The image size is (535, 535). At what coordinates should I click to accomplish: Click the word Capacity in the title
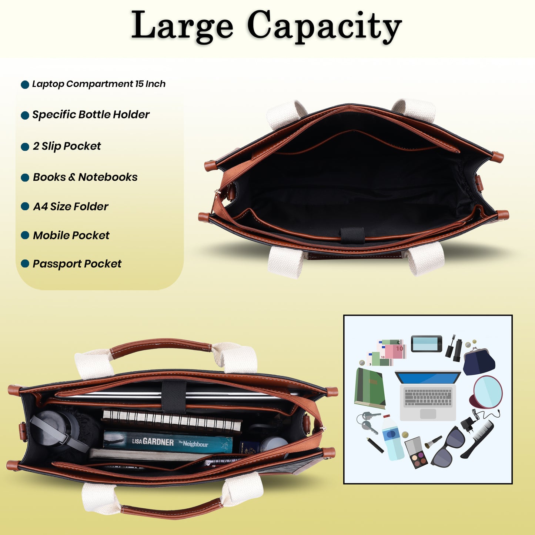click(x=324, y=27)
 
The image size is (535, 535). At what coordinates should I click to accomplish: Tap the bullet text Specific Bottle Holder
click(x=91, y=115)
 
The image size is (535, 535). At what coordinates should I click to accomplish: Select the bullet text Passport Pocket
click(x=77, y=264)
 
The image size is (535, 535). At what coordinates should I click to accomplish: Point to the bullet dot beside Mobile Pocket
click(x=25, y=235)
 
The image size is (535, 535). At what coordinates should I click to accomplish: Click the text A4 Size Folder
click(x=70, y=207)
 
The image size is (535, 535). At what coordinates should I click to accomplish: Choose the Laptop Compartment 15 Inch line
click(x=99, y=84)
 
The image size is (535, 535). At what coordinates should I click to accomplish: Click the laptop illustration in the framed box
click(x=428, y=395)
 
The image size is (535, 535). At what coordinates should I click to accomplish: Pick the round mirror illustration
click(x=486, y=392)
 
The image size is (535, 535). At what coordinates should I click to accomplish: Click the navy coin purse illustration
click(x=479, y=361)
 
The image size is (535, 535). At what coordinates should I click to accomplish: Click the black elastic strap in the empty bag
click(x=352, y=235)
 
